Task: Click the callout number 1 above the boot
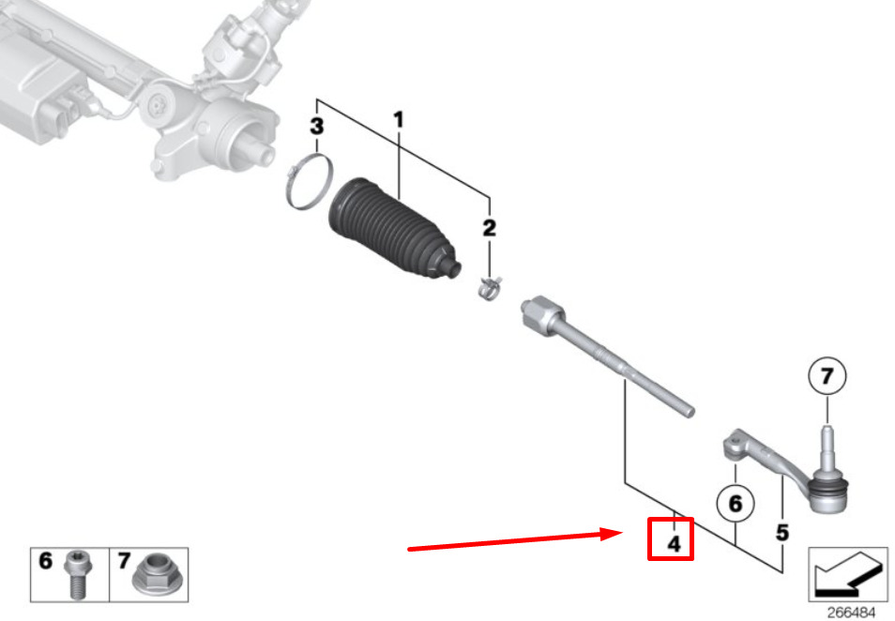(399, 120)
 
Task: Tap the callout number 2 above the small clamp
(489, 228)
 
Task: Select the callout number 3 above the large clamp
(317, 126)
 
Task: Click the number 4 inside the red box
(675, 544)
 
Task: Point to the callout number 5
(782, 533)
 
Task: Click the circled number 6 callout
(736, 504)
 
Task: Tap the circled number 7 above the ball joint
(827, 376)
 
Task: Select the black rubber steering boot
(394, 230)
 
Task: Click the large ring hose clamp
(309, 181)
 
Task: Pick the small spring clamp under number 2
(490, 288)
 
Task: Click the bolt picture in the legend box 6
(77, 574)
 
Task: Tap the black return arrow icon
(847, 573)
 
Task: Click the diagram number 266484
(851, 613)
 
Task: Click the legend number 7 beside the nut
(124, 561)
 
